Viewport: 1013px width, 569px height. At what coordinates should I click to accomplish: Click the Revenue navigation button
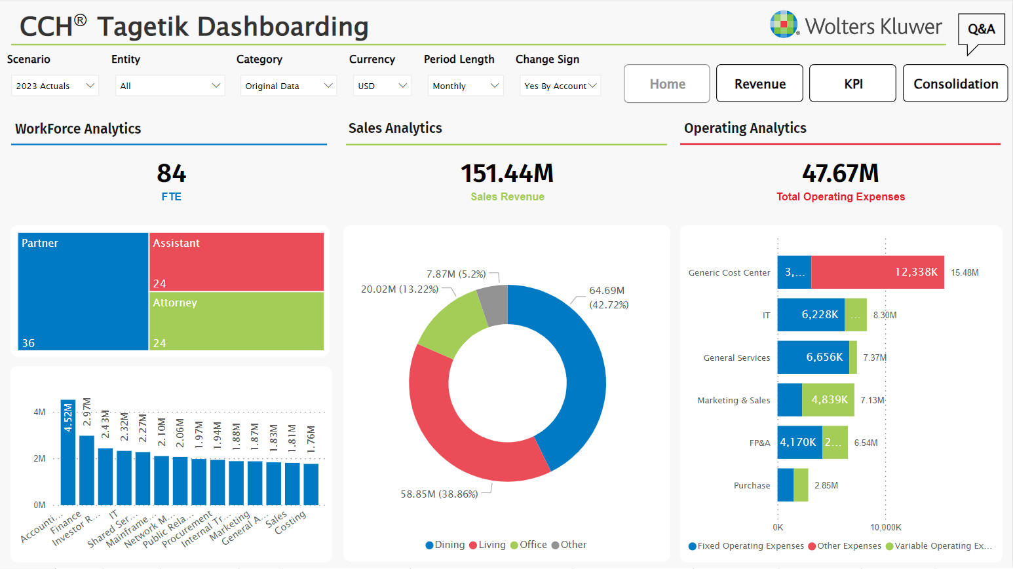759,84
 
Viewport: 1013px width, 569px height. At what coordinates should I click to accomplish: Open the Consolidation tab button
955,84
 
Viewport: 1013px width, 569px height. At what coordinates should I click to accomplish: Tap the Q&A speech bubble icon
981,30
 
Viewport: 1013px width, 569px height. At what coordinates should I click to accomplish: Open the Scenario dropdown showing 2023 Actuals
55,86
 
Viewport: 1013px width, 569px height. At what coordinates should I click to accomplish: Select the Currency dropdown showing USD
382,86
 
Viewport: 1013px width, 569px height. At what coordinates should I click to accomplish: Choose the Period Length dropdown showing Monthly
465,86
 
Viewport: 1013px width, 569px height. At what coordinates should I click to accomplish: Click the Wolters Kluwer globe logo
784,25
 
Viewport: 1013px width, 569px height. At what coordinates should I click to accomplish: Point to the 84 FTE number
172,174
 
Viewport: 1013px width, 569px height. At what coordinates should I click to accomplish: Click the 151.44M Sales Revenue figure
507,174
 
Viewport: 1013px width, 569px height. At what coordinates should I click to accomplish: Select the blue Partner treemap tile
83,291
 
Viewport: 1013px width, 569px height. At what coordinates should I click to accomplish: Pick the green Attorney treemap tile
237,321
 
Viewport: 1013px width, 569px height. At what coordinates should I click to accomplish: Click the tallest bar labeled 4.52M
68,452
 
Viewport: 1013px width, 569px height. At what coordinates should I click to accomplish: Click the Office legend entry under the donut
529,545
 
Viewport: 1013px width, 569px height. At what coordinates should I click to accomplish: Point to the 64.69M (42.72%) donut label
608,297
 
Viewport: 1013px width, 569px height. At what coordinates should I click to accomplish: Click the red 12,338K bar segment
877,272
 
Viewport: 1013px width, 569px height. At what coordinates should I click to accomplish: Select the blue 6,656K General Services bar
812,358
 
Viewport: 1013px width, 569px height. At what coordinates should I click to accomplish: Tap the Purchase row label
752,485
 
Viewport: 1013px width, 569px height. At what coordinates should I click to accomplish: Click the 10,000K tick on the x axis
886,527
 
